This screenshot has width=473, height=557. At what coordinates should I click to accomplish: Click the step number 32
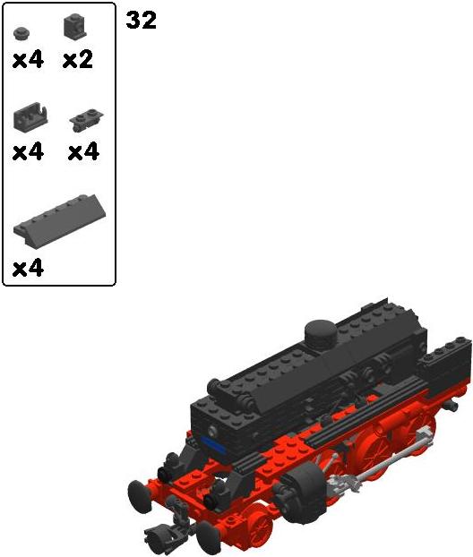pyautogui.click(x=141, y=20)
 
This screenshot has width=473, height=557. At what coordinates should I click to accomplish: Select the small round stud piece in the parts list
pyautogui.click(x=21, y=33)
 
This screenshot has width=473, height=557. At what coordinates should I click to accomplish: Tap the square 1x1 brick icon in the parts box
pyautogui.click(x=74, y=26)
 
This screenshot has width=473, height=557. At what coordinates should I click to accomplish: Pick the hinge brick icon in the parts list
pyautogui.click(x=30, y=116)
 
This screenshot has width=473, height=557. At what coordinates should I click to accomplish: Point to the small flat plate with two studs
pyautogui.click(x=86, y=119)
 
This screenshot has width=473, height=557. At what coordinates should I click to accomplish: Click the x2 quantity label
pyautogui.click(x=77, y=59)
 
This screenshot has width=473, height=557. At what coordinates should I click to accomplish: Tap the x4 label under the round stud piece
pyautogui.click(x=28, y=59)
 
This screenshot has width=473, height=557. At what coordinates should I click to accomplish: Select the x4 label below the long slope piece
pyautogui.click(x=28, y=268)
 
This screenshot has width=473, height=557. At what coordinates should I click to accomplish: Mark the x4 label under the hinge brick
pyautogui.click(x=28, y=152)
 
